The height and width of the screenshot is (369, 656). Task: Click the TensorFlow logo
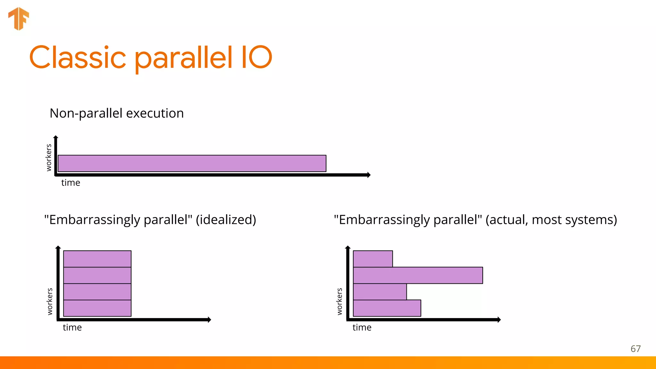click(19, 19)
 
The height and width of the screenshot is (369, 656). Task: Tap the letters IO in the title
click(256, 58)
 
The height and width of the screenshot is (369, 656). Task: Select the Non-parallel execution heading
click(117, 113)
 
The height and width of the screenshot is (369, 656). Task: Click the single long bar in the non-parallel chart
click(192, 163)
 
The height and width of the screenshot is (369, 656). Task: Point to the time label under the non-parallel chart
click(70, 183)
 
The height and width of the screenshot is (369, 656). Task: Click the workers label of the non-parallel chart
click(49, 158)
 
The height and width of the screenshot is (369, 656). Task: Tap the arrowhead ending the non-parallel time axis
click(369, 175)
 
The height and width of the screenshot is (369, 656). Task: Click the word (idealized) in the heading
click(226, 220)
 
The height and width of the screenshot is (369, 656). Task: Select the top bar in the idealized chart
click(97, 259)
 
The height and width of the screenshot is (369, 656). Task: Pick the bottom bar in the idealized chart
click(97, 308)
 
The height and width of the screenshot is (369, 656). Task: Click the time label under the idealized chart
click(72, 328)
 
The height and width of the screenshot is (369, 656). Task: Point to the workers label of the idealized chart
click(50, 301)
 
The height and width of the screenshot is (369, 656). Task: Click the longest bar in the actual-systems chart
click(418, 275)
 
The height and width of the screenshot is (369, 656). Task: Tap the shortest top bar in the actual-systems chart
click(373, 259)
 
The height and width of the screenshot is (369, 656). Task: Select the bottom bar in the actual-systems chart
click(387, 308)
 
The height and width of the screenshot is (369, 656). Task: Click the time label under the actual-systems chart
click(362, 328)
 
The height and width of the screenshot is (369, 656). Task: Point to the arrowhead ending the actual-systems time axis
click(499, 320)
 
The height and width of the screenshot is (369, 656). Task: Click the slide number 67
click(635, 349)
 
